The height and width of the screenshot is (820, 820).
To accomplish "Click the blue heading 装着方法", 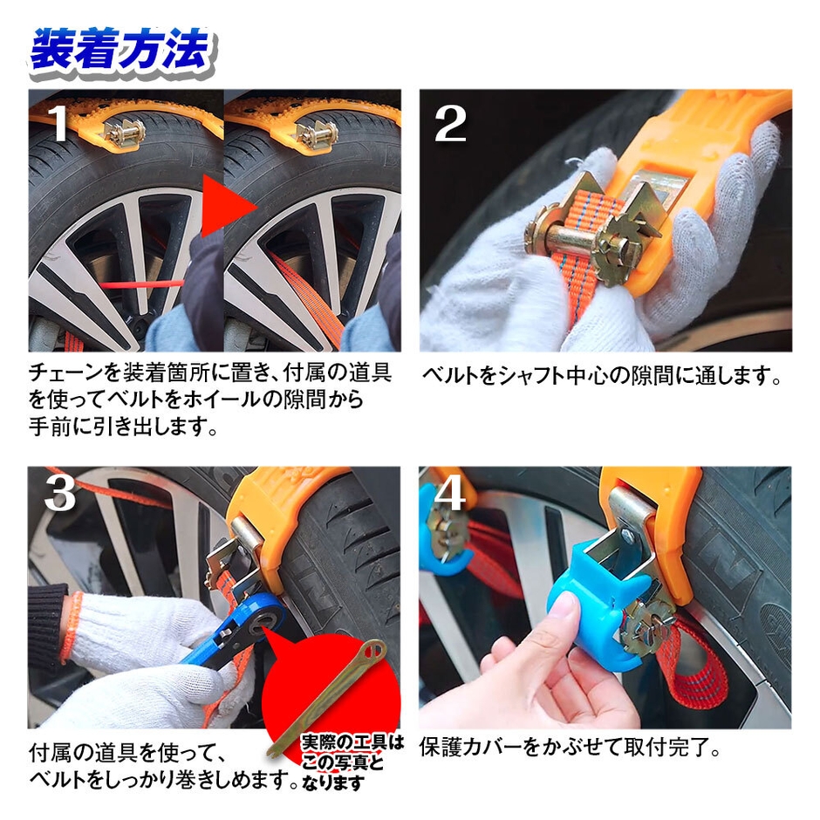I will point(120,51).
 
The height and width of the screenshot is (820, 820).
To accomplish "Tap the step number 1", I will point(59,125).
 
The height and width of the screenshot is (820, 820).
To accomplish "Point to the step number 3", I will point(59,494).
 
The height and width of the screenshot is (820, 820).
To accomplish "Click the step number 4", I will point(450,494).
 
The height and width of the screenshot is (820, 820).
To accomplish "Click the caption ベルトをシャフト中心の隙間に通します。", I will point(601,376).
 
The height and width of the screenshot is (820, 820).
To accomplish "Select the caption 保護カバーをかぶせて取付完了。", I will point(571,748).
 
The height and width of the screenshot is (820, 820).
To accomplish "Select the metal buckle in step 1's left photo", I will point(124,133).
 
